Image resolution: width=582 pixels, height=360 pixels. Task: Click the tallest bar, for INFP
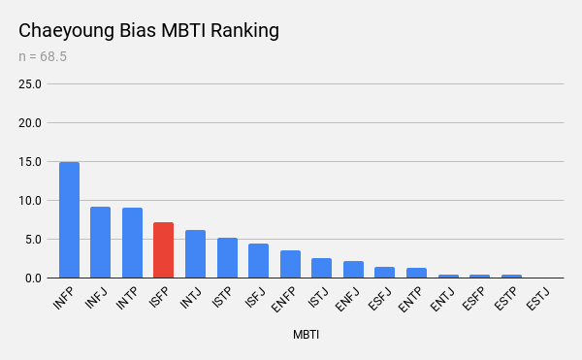[x=70, y=219]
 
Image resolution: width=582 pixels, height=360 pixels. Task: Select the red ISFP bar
[x=163, y=249]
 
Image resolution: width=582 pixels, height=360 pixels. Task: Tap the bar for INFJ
[x=100, y=242]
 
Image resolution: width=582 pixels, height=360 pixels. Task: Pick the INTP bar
[x=132, y=243]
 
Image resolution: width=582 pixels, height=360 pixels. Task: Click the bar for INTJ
[x=195, y=254]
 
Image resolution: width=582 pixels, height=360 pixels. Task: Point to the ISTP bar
[x=227, y=257]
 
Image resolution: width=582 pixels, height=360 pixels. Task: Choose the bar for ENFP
[x=290, y=264]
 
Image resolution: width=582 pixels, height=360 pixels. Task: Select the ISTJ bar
[x=321, y=268]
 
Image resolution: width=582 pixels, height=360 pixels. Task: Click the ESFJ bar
[x=384, y=272]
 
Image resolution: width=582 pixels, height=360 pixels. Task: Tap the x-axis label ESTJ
[x=537, y=299]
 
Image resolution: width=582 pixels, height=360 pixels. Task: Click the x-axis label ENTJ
[x=442, y=300]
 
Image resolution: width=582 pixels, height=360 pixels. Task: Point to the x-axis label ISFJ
[x=255, y=298]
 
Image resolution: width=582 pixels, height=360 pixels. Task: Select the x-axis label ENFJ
[x=347, y=300]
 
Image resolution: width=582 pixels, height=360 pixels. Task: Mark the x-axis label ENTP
[x=410, y=300]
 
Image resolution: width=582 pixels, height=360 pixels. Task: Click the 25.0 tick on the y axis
[x=30, y=84]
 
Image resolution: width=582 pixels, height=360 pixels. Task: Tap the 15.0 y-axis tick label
[x=30, y=162]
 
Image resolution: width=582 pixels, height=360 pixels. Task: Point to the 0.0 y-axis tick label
[x=33, y=278]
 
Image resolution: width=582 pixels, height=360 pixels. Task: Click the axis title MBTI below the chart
[x=306, y=335]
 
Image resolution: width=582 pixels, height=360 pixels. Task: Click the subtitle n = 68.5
[x=43, y=57]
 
